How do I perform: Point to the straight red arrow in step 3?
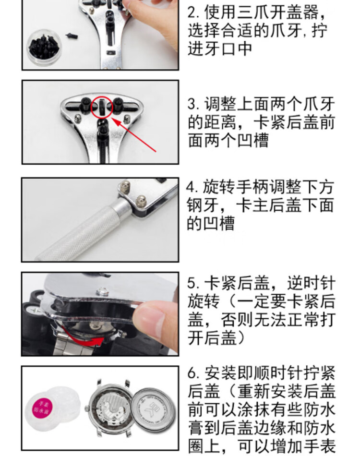[134, 135]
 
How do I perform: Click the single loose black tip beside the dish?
[72, 36]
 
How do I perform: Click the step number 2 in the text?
[192, 13]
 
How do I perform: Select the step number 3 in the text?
[192, 104]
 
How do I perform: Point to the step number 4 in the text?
[191, 187]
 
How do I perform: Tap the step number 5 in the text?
[192, 283]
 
